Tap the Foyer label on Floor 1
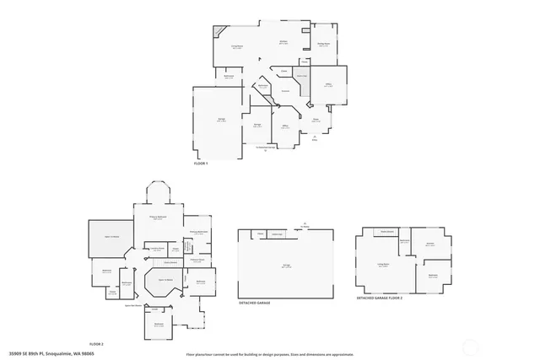coord(316,120)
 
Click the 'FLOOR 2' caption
coord(96,344)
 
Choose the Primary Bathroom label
coord(199,232)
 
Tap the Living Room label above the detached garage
coord(382,264)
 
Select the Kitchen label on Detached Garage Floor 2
coord(429,244)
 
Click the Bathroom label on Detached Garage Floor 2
coord(405,241)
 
